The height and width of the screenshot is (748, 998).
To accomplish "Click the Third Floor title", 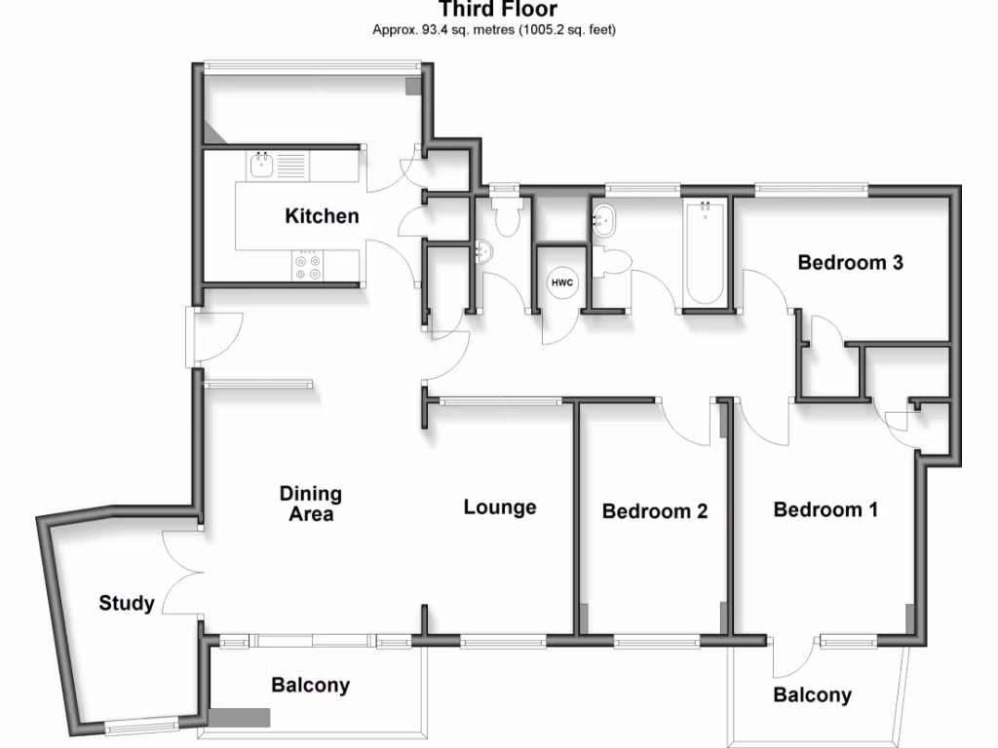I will coord(498,10).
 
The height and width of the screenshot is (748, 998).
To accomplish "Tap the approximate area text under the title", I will coord(494,30).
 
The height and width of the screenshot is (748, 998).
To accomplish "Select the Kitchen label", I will coord(322,216).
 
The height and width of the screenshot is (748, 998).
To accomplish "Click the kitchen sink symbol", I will coord(261,165).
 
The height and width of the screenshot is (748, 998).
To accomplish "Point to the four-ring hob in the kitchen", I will coord(309,267).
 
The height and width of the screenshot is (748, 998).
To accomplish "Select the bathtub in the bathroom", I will coord(705,253).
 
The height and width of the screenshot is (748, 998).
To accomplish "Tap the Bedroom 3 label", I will coord(850,262).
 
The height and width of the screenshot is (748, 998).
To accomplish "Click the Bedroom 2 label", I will coord(654,511).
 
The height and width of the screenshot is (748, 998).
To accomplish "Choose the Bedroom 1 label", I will coord(825,509).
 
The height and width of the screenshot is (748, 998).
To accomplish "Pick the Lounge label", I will coord(500,507).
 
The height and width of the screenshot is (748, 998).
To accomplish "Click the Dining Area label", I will coord(310,504).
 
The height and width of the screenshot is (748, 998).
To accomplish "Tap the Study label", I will coord(127,603).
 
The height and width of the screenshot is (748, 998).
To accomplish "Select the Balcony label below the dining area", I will coord(310,685).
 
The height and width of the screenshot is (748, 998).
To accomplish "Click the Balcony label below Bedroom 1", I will coord(812,694).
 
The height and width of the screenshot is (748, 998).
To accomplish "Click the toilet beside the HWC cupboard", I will coord(616,261).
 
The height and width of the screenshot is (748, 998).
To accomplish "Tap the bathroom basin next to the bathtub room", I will coord(605,220).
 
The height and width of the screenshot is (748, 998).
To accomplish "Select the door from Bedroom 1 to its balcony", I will coord(794,657).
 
